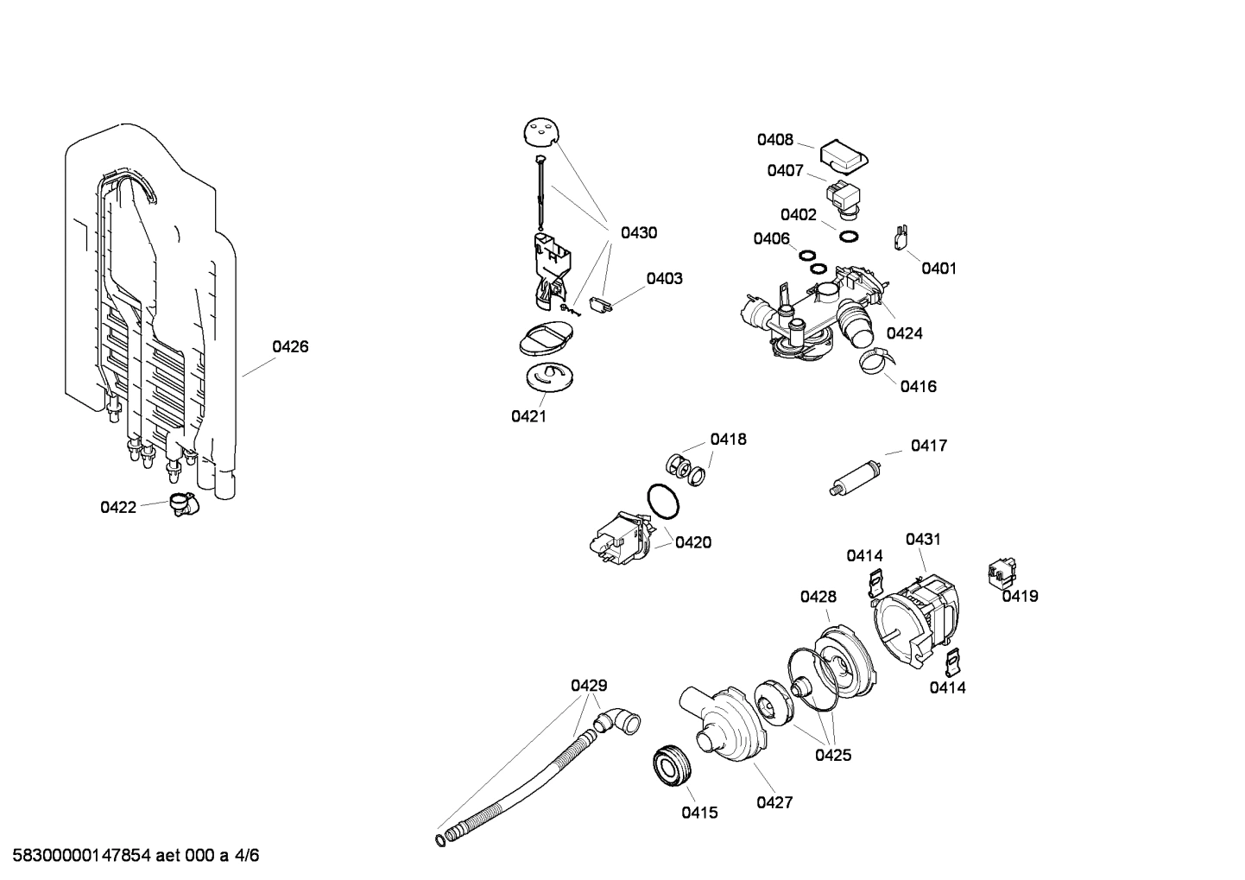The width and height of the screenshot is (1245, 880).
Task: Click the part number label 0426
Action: pos(290,347)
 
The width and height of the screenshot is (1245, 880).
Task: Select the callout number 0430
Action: pos(639,233)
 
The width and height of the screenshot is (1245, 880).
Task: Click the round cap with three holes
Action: pos(541,133)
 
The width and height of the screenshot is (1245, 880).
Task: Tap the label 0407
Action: pos(785,171)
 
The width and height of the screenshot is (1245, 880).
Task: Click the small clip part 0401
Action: pos(901,237)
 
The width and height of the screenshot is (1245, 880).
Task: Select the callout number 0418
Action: pos(728,440)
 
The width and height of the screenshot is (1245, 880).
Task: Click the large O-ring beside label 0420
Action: pos(662,502)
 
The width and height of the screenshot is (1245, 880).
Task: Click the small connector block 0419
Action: pos(1001,573)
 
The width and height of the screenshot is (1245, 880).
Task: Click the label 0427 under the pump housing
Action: pos(774,803)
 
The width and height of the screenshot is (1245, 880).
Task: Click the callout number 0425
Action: pos(833,756)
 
